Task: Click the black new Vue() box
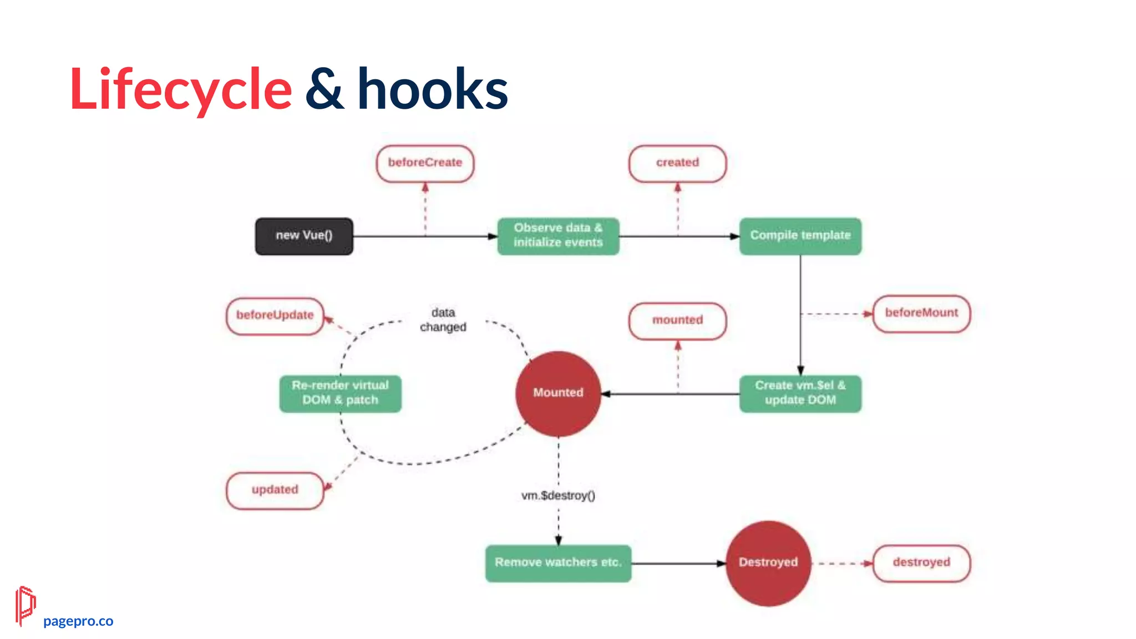304,236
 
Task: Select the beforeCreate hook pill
425,163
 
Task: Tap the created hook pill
677,163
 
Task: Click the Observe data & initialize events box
558,236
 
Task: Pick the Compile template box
800,236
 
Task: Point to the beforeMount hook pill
921,313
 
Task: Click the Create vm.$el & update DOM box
800,393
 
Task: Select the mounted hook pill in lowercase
677,321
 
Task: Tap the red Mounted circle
558,393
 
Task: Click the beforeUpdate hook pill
275,316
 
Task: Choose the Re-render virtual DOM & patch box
340,393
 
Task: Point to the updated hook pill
275,490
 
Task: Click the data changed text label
443,320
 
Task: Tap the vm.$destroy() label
558,496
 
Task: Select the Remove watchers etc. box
558,563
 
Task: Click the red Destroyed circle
768,563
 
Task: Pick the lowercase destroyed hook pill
921,563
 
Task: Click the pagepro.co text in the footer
78,621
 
